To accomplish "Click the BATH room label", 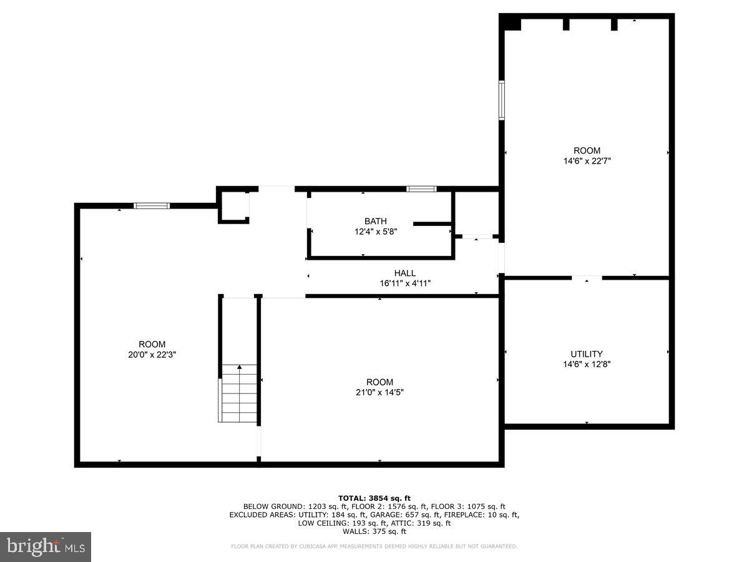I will [375, 221].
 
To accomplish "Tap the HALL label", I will [404, 273].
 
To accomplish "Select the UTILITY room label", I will [587, 354].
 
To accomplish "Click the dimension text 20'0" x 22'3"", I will [152, 354].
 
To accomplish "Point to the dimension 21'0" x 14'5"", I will [379, 392].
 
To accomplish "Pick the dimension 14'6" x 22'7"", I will [587, 160].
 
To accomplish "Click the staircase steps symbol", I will [238, 393].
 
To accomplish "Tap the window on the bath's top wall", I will [421, 189].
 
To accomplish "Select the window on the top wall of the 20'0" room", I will [152, 205].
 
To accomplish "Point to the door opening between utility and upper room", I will [587, 277].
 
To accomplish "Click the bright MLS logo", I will [45, 547].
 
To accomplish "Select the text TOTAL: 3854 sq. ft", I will [374, 498].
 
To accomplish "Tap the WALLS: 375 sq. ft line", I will [374, 531].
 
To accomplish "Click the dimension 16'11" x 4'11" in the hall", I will [405, 283].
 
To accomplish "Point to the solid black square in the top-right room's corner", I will [512, 22].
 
